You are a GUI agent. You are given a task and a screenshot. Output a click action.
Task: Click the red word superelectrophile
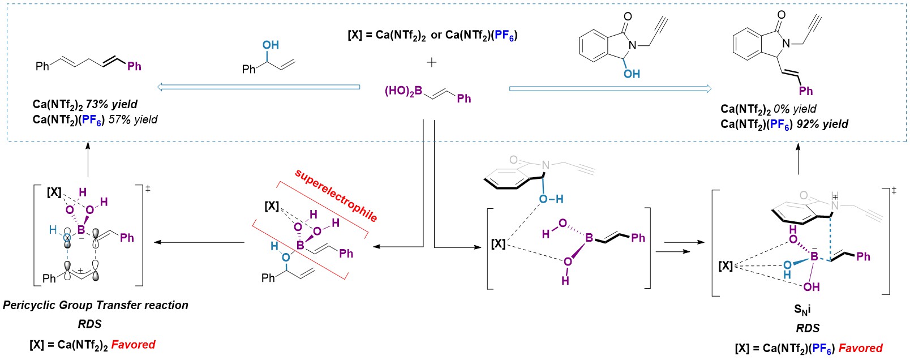[336, 195]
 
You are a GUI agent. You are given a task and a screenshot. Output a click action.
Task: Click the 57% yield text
[133, 119]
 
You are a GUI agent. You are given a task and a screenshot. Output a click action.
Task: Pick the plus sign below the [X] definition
[432, 62]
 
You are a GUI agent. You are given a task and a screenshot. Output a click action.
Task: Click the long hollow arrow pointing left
[259, 87]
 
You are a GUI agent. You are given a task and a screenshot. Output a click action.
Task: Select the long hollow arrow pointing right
[610, 89]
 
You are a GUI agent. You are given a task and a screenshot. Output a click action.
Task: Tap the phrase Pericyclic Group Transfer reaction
[96, 305]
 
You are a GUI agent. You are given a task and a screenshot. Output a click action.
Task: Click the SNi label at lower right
[802, 309]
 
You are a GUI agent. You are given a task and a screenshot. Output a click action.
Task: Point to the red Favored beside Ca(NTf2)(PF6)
[860, 348]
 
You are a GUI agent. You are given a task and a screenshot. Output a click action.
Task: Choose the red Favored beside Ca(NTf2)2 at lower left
[133, 344]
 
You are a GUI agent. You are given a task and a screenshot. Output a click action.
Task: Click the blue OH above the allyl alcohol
[271, 45]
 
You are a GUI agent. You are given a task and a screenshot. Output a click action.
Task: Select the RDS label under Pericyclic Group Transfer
[90, 324]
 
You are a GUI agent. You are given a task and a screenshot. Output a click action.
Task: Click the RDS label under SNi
[808, 328]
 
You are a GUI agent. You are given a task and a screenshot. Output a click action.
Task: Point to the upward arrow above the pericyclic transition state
[88, 160]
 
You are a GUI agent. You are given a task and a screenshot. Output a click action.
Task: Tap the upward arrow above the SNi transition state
[798, 158]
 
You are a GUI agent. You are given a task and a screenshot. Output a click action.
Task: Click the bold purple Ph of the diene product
[134, 66]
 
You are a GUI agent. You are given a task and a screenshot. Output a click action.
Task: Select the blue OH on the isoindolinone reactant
[632, 74]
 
